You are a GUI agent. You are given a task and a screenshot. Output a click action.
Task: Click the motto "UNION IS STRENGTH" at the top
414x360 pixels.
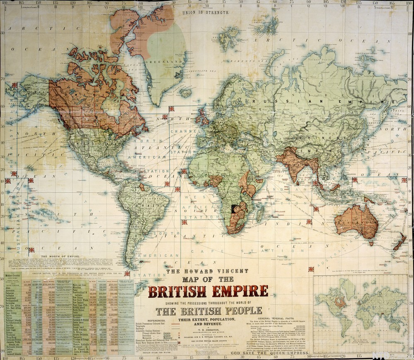206,12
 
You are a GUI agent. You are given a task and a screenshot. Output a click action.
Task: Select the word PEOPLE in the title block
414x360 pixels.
242,310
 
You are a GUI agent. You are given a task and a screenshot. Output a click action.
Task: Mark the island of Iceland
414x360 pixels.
186,92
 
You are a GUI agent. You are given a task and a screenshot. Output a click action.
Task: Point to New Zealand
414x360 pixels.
399,241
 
